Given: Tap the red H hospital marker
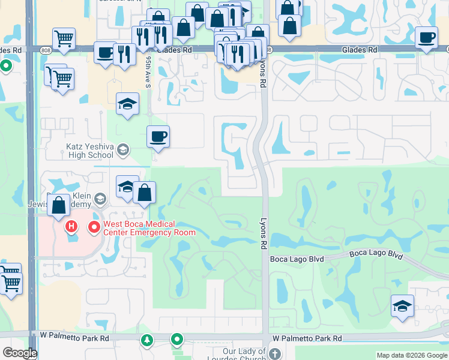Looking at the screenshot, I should tap(71, 227).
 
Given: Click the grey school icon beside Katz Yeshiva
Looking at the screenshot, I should tap(123, 149).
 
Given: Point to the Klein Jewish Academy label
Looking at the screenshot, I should tap(66, 200).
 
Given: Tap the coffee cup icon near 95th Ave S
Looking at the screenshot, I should tap(158, 137).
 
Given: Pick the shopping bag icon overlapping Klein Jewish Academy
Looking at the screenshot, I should tap(59, 205).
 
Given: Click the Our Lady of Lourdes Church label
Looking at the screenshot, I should tap(244, 353).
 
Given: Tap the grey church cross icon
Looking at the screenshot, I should tap(275, 353).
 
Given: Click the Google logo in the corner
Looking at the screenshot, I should tap(20, 353).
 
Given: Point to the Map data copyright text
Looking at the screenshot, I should tap(412, 355).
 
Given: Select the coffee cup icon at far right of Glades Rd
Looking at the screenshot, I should tap(427, 38).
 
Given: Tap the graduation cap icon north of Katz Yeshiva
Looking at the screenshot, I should tap(127, 104).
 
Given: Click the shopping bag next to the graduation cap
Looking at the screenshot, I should tap(145, 192).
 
